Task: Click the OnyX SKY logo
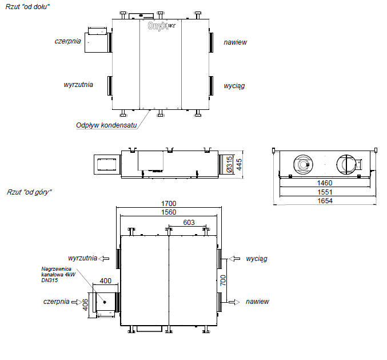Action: pyautogui.click(x=162, y=26)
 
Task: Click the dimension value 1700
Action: pyautogui.click(x=169, y=204)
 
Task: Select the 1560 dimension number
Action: pyautogui.click(x=169, y=212)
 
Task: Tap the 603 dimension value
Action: pyautogui.click(x=189, y=223)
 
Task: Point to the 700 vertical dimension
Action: pyautogui.click(x=223, y=280)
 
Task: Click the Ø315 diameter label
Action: pyautogui.click(x=229, y=165)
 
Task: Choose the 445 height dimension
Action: pyautogui.click(x=239, y=165)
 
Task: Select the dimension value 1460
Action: pyautogui.click(x=325, y=183)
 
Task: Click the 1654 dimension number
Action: pyautogui.click(x=325, y=201)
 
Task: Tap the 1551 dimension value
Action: pyautogui.click(x=325, y=192)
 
